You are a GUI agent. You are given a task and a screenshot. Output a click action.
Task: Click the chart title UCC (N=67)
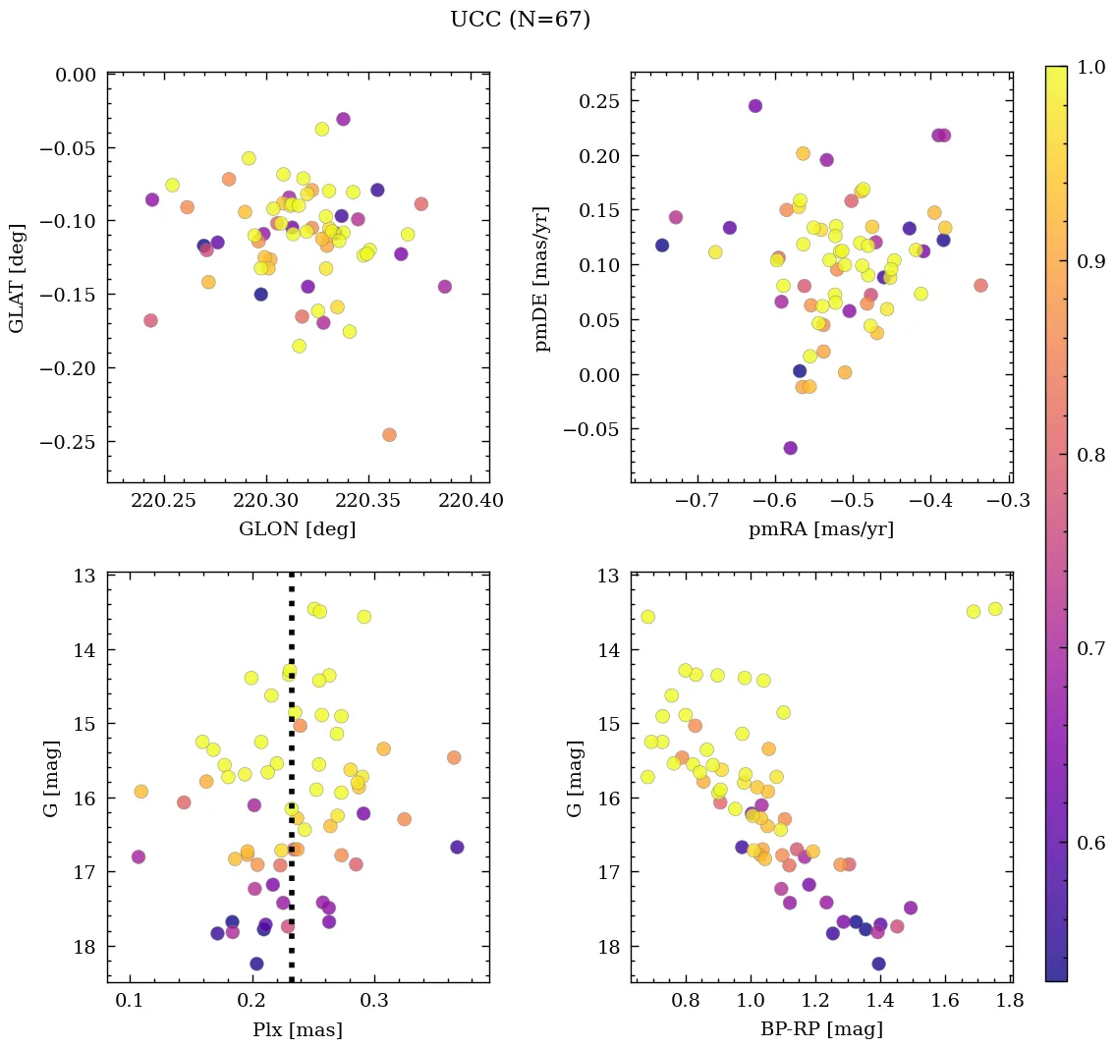click(520, 20)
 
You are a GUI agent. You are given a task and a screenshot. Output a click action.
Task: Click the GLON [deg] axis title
click(297, 529)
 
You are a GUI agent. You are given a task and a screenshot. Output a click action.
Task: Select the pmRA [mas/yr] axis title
click(820, 529)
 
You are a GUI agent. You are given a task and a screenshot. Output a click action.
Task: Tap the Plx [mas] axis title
click(297, 1029)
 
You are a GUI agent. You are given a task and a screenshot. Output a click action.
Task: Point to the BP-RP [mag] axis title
click(820, 1029)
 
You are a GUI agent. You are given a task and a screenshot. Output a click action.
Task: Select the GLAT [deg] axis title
click(17, 278)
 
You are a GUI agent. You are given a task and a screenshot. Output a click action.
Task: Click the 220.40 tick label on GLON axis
click(472, 502)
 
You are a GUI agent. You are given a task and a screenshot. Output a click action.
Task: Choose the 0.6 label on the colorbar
click(1084, 844)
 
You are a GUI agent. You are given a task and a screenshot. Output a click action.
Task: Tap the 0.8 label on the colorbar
click(1084, 456)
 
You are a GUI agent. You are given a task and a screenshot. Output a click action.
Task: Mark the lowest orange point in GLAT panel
click(389, 434)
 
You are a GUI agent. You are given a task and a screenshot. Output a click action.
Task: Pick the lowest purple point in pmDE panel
click(790, 448)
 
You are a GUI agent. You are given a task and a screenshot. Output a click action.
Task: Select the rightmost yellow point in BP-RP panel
click(994, 609)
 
